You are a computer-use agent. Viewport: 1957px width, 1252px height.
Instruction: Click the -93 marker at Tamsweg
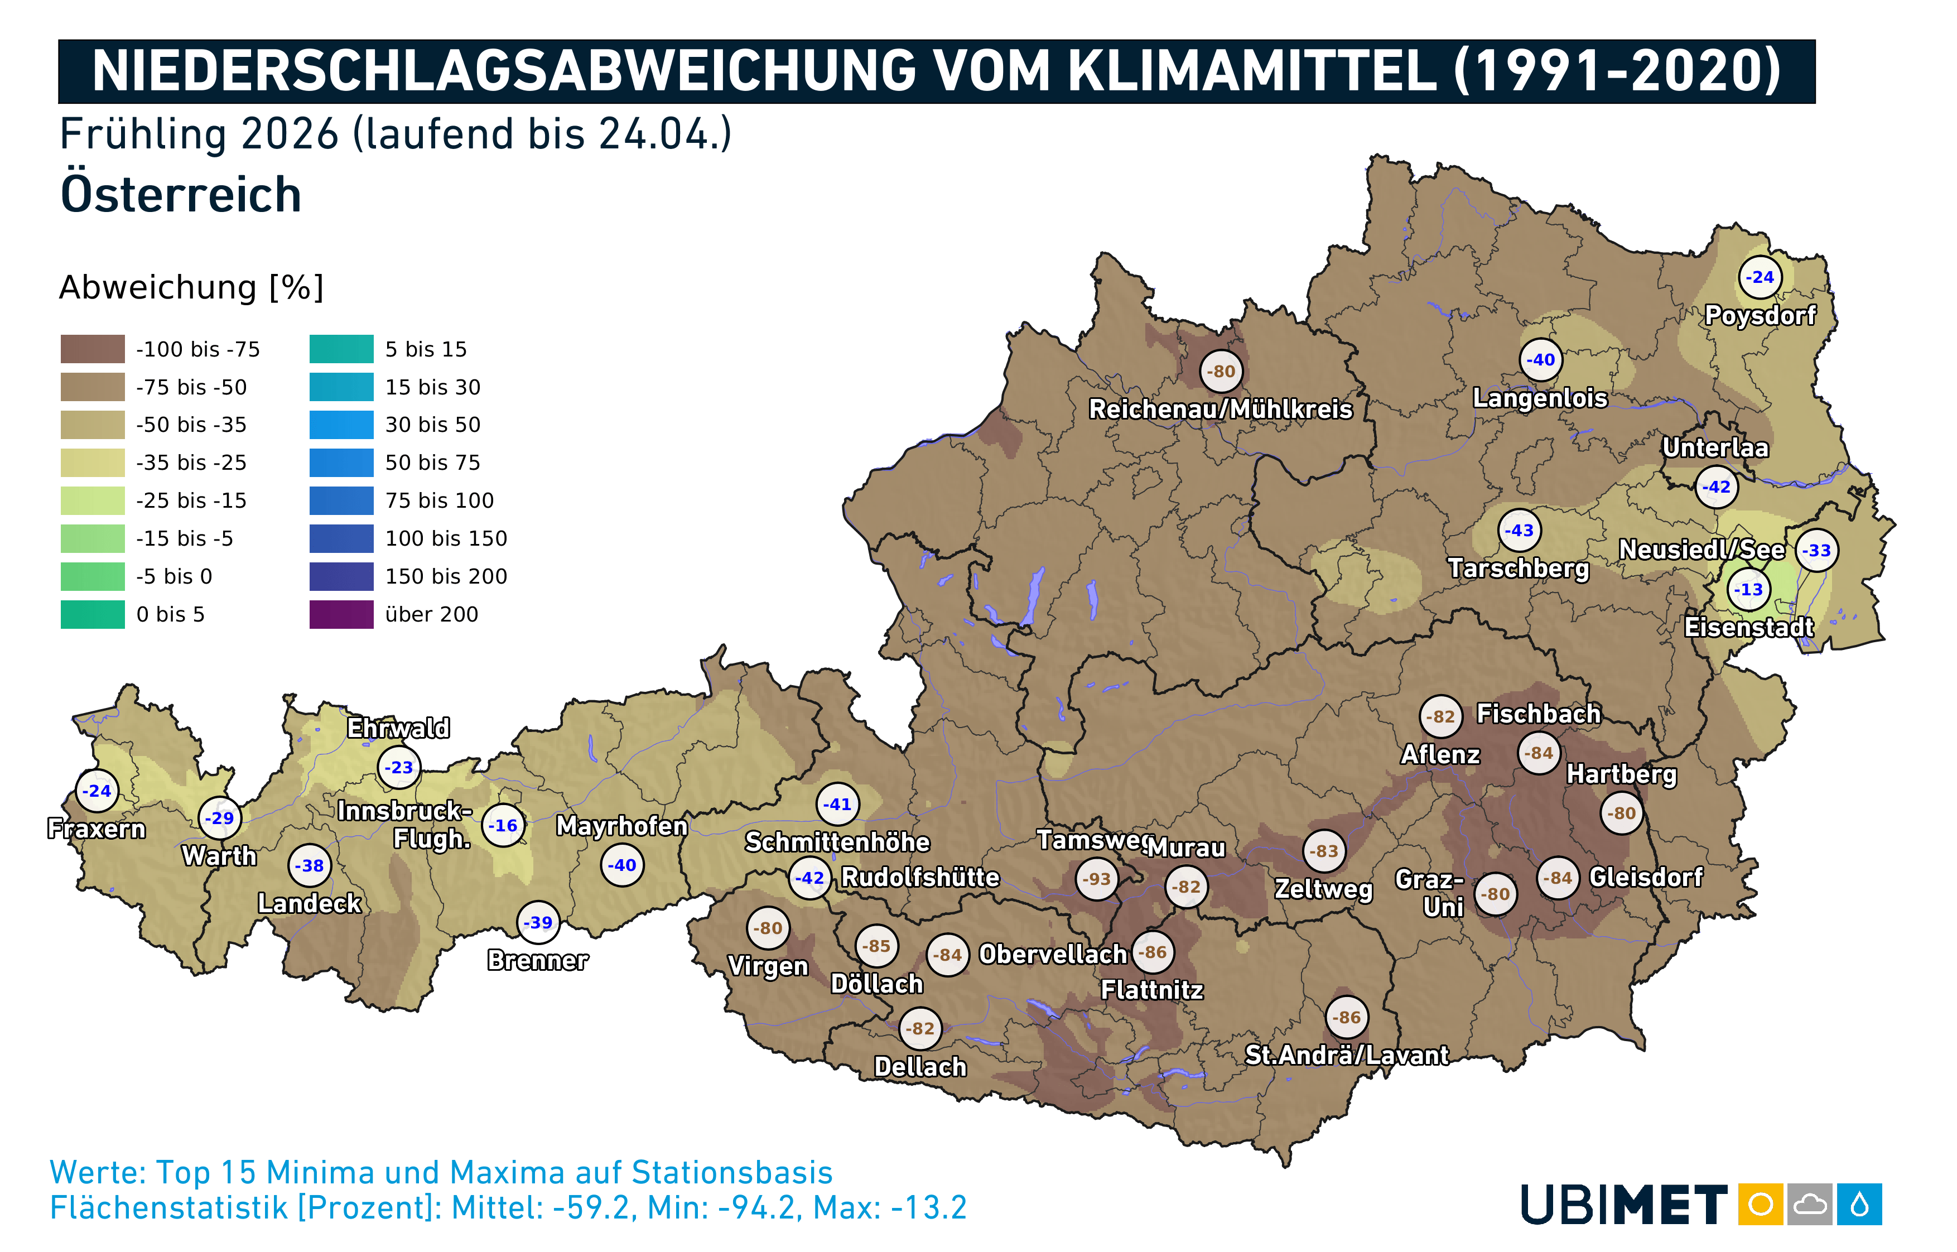[x=1096, y=879]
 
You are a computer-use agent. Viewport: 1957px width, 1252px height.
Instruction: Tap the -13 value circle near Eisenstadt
[x=1749, y=589]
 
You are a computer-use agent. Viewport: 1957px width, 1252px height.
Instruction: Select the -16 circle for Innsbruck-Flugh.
[x=503, y=825]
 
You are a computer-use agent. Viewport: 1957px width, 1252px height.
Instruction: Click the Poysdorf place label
[x=1760, y=315]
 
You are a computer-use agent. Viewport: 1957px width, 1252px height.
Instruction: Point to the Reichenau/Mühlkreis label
[x=1220, y=409]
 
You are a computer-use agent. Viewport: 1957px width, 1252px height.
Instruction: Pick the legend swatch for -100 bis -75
[x=93, y=349]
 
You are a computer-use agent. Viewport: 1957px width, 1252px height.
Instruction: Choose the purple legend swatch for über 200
[x=341, y=614]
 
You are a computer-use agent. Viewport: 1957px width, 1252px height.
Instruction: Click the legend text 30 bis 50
[x=432, y=425]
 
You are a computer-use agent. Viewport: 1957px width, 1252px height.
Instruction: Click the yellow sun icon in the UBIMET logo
[x=1760, y=1204]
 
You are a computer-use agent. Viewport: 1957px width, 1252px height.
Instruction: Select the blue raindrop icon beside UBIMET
[x=1859, y=1204]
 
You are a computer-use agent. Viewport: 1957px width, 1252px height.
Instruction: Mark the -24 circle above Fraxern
[x=97, y=790]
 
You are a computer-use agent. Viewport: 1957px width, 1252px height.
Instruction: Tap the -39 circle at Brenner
[x=538, y=922]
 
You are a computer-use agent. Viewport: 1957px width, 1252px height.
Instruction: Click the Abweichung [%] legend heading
[x=191, y=287]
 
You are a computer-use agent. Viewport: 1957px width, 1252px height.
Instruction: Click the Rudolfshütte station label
[x=919, y=877]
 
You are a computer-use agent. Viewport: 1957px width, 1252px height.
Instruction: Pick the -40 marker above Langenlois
[x=1540, y=359]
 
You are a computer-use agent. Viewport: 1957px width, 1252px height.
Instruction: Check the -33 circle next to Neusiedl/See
[x=1817, y=550]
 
